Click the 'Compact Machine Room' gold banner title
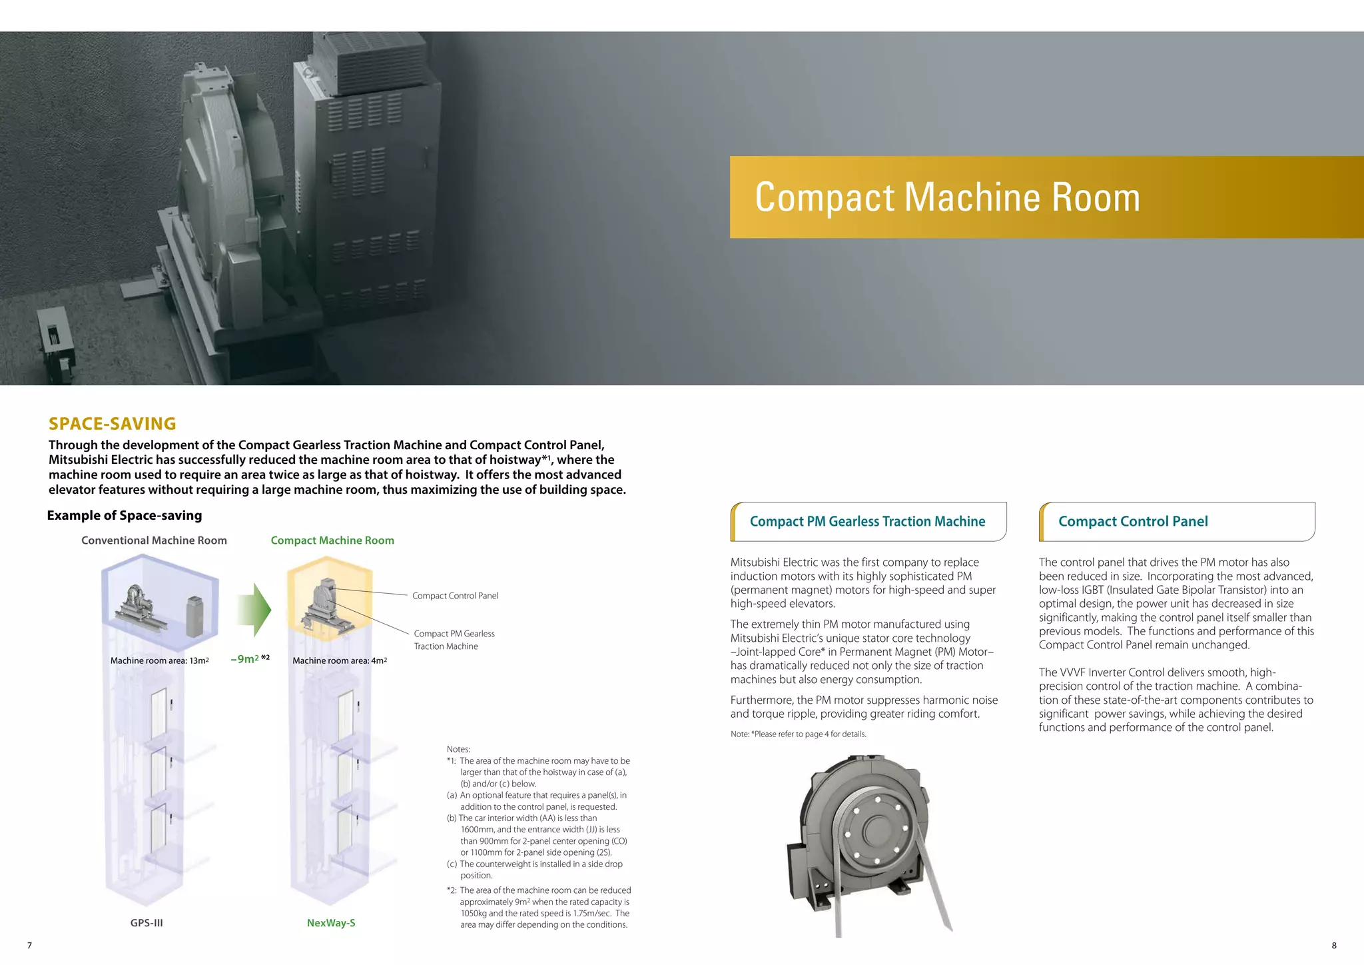(x=947, y=197)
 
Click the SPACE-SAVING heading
(x=112, y=424)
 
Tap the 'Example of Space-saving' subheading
(x=125, y=515)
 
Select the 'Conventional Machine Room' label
(x=154, y=540)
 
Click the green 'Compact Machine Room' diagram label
(x=332, y=540)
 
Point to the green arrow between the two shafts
(x=254, y=609)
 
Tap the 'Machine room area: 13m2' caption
(x=159, y=660)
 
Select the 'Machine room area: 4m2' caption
(x=339, y=660)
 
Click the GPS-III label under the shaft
(x=147, y=923)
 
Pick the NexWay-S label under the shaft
(x=331, y=923)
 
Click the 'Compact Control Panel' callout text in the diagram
(x=455, y=596)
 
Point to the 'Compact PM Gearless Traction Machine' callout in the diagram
(x=454, y=640)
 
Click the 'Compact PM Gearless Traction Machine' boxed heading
(x=867, y=522)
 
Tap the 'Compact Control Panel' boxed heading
(x=1132, y=522)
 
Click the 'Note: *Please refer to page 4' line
(x=798, y=734)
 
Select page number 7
(x=29, y=946)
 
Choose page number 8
(x=1334, y=946)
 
